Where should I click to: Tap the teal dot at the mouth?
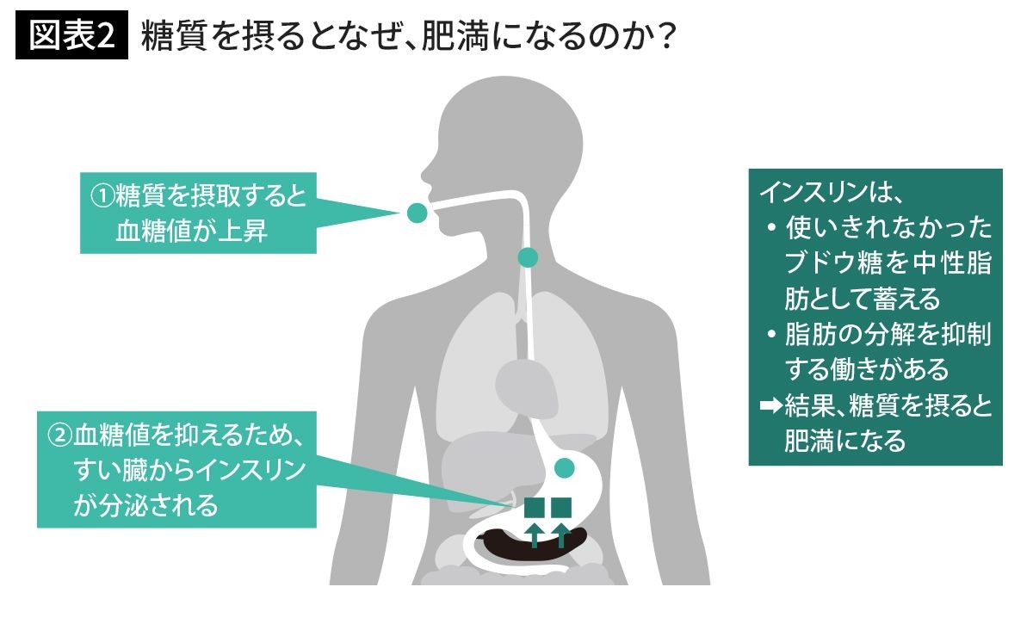coord(417,212)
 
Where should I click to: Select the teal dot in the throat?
coord(528,256)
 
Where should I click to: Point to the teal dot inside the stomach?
coord(564,468)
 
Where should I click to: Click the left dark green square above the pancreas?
coord(535,508)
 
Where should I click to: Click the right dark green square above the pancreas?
coord(561,508)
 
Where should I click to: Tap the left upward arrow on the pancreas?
coord(535,534)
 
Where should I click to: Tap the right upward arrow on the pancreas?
coord(561,534)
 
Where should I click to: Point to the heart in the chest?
coord(521,379)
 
